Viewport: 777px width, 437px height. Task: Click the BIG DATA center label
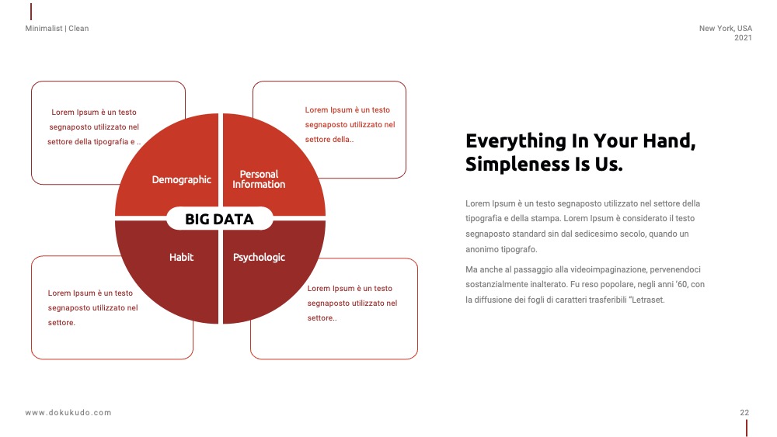click(219, 219)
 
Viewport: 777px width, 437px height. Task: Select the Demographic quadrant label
click(181, 179)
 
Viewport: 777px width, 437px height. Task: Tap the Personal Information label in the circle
click(259, 179)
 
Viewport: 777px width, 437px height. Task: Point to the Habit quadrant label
click(181, 257)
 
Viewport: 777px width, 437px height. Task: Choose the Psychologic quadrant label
click(259, 258)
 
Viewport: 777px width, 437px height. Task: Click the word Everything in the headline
click(515, 141)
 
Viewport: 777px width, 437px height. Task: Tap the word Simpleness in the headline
click(517, 164)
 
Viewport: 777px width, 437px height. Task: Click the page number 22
click(744, 412)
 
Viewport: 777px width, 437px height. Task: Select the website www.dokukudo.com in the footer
click(68, 413)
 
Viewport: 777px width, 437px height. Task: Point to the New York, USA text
click(726, 28)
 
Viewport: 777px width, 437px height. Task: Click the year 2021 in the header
click(743, 37)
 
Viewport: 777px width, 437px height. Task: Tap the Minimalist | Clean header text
click(57, 28)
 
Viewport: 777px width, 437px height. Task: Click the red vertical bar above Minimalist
click(31, 12)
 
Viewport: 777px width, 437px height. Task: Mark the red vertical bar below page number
click(746, 428)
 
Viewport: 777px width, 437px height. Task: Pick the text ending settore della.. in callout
click(329, 140)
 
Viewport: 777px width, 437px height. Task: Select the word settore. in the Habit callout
click(61, 323)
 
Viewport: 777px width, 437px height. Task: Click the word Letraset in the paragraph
click(648, 300)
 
